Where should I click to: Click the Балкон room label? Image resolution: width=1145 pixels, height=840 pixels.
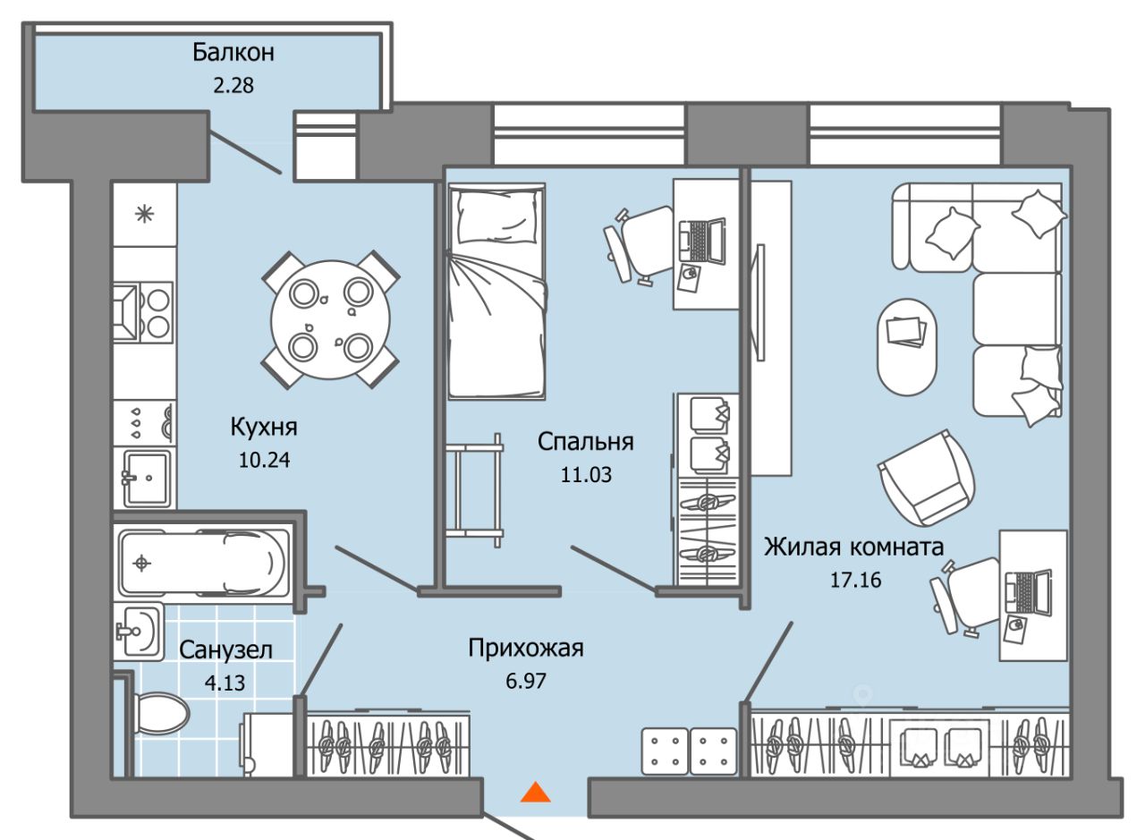(x=233, y=52)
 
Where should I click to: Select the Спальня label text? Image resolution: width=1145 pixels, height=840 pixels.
(x=585, y=441)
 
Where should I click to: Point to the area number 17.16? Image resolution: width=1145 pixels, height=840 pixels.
(x=854, y=580)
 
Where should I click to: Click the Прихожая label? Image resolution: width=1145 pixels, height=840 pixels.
(x=526, y=648)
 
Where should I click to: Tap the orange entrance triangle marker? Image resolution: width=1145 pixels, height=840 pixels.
(x=535, y=792)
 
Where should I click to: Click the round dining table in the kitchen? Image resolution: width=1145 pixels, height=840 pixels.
(x=331, y=318)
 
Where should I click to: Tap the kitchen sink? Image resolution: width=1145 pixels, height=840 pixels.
(x=147, y=478)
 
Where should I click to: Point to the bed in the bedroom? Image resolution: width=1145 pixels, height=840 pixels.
(x=496, y=291)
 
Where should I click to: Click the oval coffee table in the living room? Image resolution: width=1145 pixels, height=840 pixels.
(x=908, y=346)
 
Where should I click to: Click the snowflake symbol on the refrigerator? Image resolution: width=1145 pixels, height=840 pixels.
(x=143, y=215)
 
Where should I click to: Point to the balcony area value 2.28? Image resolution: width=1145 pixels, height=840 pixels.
(x=233, y=87)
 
